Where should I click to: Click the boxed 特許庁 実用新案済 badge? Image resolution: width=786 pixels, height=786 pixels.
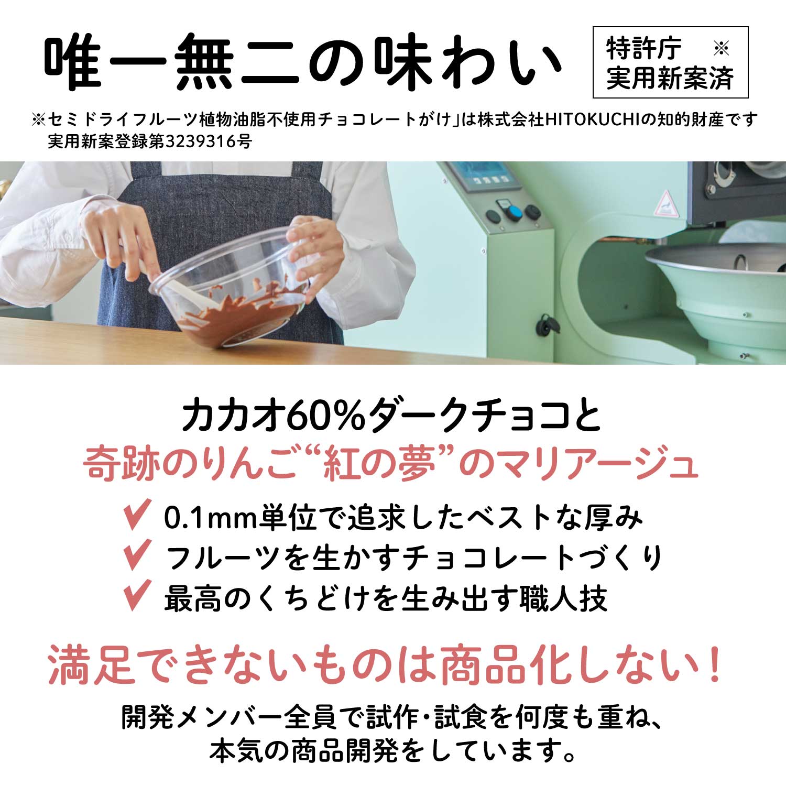point(670,62)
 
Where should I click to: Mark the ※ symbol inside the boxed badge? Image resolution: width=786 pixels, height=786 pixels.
point(722,49)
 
